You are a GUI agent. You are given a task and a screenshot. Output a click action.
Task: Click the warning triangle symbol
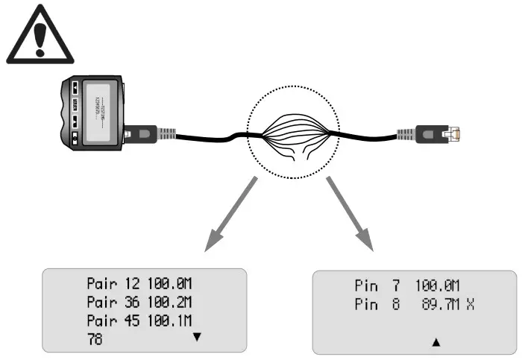point(40,37)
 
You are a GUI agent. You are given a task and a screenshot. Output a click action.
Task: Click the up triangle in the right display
point(436,342)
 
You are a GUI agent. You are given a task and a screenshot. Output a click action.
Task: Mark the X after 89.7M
point(471,305)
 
